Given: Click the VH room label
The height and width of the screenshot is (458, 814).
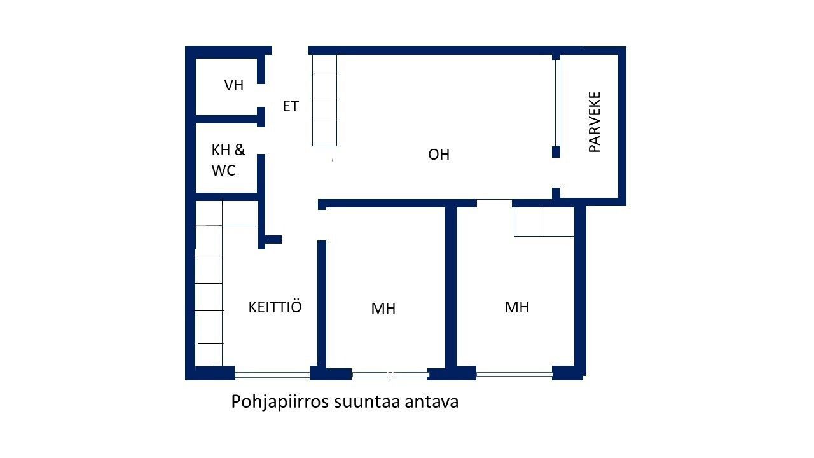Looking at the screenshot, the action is pos(233,85).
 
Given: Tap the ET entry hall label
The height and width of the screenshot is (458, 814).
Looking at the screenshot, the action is pos(291,106).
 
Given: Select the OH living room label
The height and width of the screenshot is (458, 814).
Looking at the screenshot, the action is pos(439,155).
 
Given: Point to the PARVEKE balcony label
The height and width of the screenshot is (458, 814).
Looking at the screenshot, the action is pos(595,121).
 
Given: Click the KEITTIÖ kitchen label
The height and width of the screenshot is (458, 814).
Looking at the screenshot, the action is pos(275,307).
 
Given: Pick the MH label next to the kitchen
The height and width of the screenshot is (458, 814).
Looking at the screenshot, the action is pos(383,309).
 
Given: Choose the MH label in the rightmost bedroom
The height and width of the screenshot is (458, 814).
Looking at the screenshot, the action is pos(517,307).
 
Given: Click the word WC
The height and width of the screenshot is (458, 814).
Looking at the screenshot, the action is pos(223,170).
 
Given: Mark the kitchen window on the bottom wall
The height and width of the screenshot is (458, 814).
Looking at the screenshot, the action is pos(272,375).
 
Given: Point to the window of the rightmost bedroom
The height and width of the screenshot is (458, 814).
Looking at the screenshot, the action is pos(514,374).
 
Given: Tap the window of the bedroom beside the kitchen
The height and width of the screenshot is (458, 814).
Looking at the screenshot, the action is pos(390,375).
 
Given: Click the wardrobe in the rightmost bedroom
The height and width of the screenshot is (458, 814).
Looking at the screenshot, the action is pos(544,222).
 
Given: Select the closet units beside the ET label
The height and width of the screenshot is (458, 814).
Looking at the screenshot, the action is pos(324,101).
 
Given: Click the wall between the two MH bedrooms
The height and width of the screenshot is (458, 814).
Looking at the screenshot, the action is pos(451,287).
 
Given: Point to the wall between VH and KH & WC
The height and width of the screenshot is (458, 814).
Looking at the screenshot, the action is pos(226,119).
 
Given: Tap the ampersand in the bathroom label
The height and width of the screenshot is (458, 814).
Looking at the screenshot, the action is pos(240,149).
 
